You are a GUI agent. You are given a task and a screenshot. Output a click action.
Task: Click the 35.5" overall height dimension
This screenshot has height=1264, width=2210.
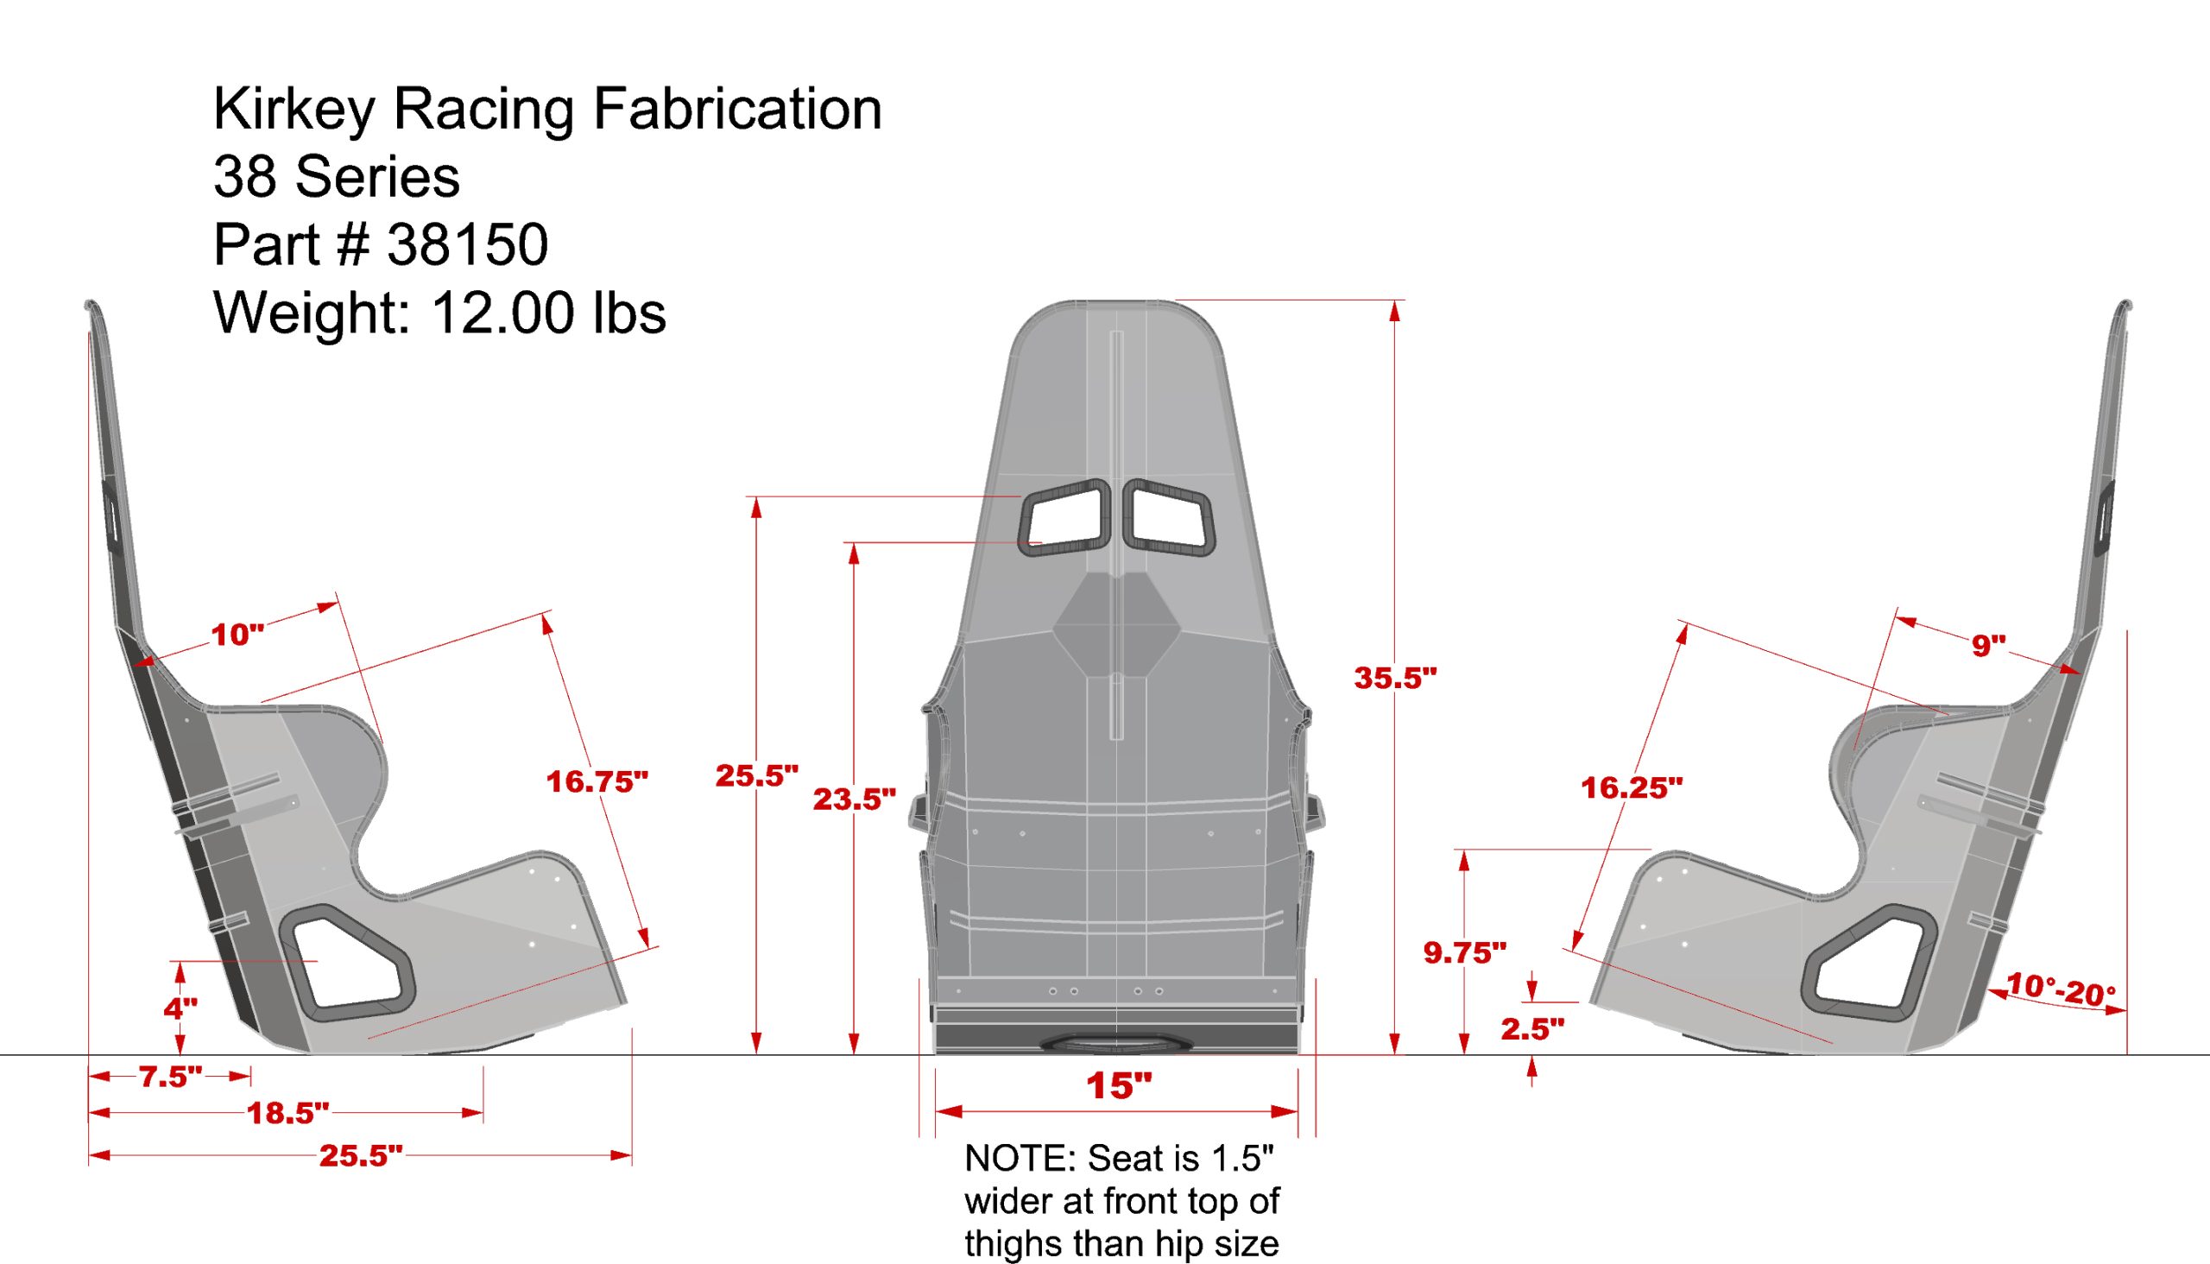pyautogui.click(x=1395, y=678)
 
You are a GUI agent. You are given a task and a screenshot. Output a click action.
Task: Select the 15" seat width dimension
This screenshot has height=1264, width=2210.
pyautogui.click(x=1119, y=1085)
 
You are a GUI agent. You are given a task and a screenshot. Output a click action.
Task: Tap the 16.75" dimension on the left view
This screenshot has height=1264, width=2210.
pyautogui.click(x=597, y=781)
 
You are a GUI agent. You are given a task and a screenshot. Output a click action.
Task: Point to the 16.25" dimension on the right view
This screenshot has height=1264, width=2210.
pyautogui.click(x=1631, y=787)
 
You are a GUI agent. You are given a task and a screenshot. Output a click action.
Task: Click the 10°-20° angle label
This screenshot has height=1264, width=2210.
pyautogui.click(x=2061, y=989)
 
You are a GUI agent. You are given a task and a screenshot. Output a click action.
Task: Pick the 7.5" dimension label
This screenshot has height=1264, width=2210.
pyautogui.click(x=171, y=1077)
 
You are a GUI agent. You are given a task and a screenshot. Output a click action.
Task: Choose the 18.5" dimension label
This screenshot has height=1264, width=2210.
pyautogui.click(x=288, y=1113)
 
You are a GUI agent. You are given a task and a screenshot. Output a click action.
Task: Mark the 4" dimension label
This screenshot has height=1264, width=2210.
pyautogui.click(x=180, y=1008)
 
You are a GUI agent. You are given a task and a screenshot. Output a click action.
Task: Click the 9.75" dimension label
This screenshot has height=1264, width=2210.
pyautogui.click(x=1464, y=952)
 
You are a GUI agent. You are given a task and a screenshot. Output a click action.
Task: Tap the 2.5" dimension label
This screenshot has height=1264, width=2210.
pyautogui.click(x=1532, y=1029)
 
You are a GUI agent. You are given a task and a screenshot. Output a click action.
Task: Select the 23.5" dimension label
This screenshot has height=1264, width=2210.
pyautogui.click(x=854, y=799)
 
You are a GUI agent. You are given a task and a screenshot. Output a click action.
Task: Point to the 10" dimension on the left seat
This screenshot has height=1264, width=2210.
pyautogui.click(x=238, y=635)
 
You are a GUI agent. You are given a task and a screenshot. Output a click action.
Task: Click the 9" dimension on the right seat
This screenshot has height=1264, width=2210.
pyautogui.click(x=1988, y=645)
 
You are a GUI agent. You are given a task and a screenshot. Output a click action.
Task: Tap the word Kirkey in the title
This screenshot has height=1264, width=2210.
pyautogui.click(x=294, y=110)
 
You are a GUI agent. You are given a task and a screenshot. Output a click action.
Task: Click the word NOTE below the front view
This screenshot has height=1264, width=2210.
pyautogui.click(x=1019, y=1158)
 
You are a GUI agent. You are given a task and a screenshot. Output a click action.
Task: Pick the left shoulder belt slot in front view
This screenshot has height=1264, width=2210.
pyautogui.click(x=1066, y=517)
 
